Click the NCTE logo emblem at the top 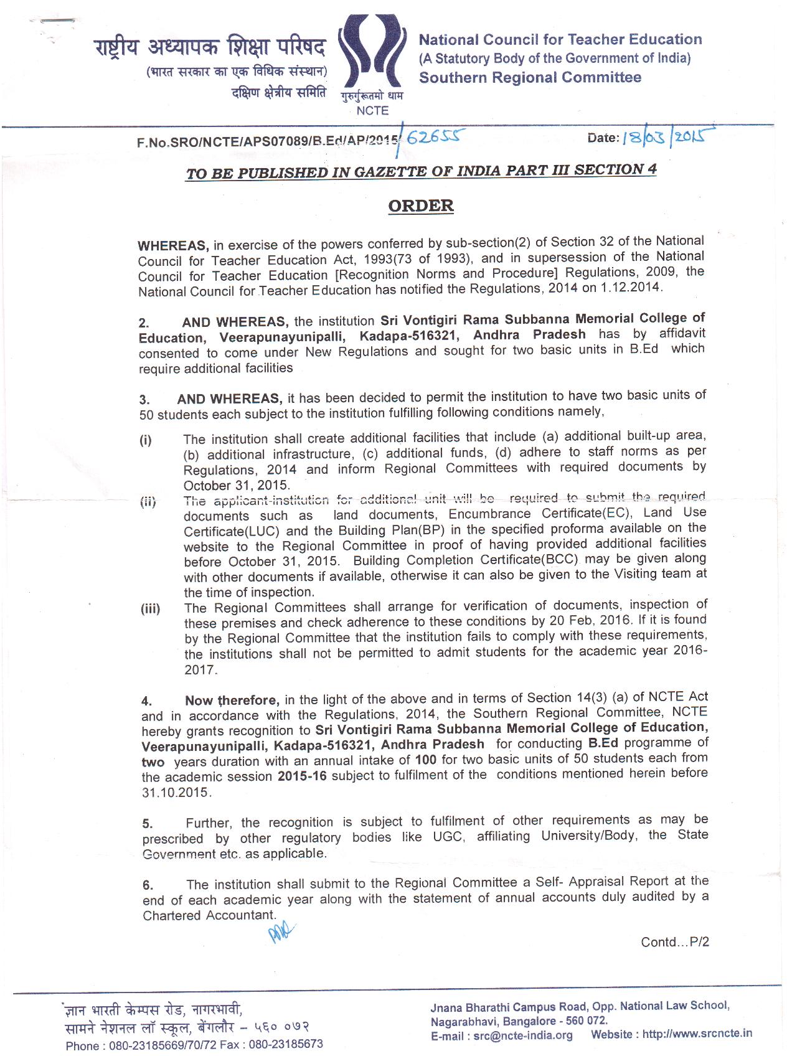click(372, 56)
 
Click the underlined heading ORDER click(421, 206)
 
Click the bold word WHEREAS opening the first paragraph click(172, 245)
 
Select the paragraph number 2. click(144, 323)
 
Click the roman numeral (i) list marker click(145, 441)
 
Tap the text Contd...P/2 click(675, 942)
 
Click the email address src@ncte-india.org click(522, 1035)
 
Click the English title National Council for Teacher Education click(560, 40)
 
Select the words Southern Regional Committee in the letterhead click(530, 78)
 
